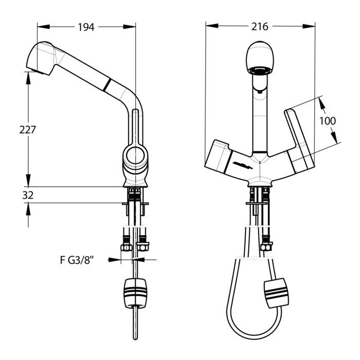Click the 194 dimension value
point(86,27)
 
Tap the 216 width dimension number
point(260,27)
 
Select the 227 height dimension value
point(28,130)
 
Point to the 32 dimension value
point(28,195)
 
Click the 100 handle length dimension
point(328,121)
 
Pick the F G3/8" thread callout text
point(77,260)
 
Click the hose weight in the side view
point(135,294)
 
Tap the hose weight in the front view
point(276,293)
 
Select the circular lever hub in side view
point(135,156)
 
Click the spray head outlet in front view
point(260,70)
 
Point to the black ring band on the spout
point(107,85)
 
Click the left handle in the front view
point(218,156)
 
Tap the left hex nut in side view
point(127,247)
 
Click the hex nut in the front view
point(266,247)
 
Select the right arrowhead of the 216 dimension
point(309,26)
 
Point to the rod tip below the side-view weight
point(135,338)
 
